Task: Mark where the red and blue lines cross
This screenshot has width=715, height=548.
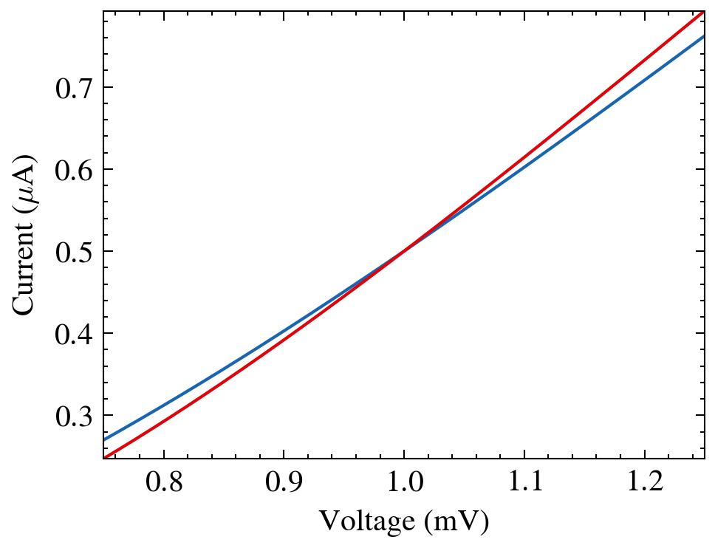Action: point(403,252)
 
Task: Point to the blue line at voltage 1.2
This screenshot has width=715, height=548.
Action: point(645,75)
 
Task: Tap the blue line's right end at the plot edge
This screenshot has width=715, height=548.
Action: point(703,36)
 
